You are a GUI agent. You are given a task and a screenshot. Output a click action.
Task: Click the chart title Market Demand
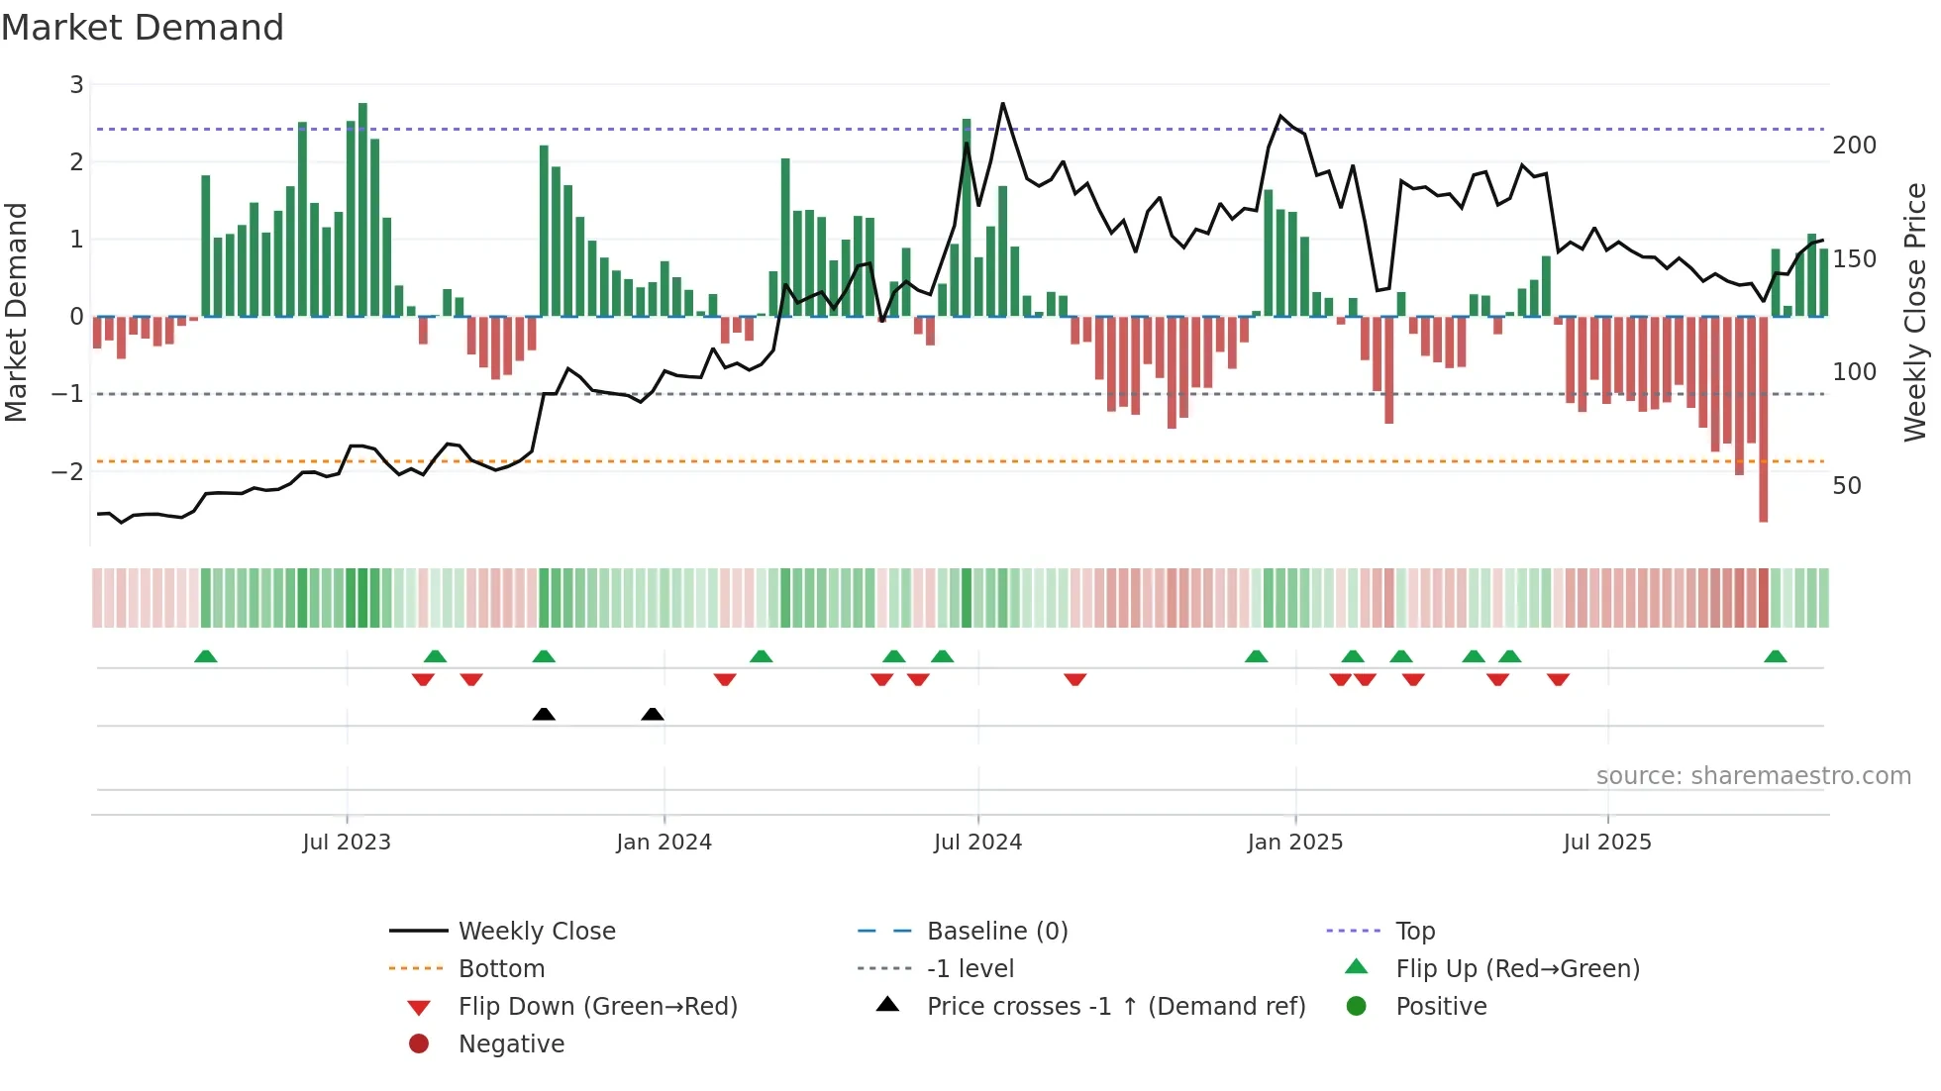(143, 28)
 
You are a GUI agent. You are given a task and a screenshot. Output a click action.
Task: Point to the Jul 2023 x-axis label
(347, 843)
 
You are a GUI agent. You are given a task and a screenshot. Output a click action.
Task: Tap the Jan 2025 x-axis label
(1294, 843)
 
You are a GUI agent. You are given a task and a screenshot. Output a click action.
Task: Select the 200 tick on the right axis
(1854, 146)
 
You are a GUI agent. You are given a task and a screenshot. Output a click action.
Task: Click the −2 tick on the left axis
(68, 471)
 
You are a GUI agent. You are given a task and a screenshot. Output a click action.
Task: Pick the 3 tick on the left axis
(76, 85)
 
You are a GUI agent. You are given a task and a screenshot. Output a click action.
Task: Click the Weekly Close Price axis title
(1915, 312)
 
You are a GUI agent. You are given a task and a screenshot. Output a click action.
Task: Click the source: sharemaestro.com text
(1753, 776)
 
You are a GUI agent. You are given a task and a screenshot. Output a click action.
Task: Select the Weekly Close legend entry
(536, 932)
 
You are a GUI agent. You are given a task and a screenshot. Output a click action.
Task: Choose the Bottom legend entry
(501, 969)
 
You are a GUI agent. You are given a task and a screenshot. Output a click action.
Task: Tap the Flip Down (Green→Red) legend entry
(597, 1007)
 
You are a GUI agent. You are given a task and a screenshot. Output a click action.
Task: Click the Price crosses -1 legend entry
(1115, 1007)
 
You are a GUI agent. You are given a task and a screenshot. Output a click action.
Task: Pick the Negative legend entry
(511, 1044)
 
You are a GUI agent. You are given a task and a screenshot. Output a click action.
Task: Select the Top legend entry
(1414, 932)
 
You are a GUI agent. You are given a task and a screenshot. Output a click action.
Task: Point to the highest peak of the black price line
(1002, 104)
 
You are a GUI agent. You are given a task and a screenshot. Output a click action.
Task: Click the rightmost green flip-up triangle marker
(1775, 656)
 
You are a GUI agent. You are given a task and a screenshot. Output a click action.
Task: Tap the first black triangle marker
(544, 714)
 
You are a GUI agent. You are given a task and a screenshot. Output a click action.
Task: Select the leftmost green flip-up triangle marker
(206, 656)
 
